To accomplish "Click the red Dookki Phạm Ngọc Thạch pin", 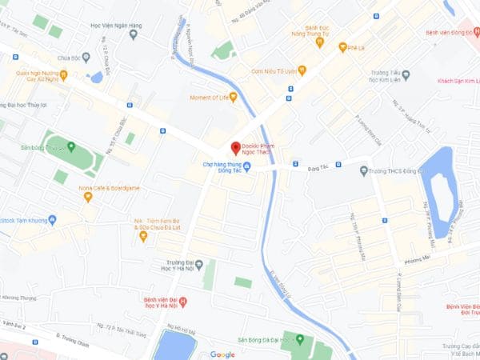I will (x=235, y=147).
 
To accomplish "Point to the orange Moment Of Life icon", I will (x=234, y=98).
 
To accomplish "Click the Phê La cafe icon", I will (x=342, y=47).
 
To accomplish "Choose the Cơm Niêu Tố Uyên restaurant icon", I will (x=302, y=70).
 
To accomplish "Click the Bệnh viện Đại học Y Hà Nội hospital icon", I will (x=183, y=302).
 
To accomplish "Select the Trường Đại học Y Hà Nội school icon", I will (x=198, y=264).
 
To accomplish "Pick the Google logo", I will (x=222, y=354).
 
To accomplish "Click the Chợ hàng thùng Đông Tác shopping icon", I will (x=246, y=166).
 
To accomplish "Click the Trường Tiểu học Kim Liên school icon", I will (x=405, y=76).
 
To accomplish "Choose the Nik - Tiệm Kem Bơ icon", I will (x=142, y=235).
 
